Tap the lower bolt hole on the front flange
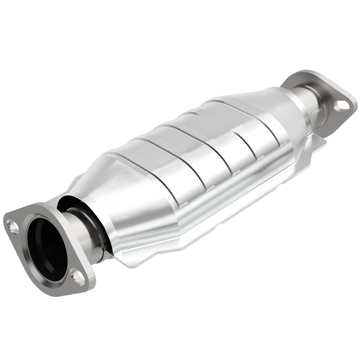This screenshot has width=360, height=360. [78, 276]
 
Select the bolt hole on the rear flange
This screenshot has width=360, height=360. [342, 105]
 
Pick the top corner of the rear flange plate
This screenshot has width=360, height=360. [299, 73]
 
